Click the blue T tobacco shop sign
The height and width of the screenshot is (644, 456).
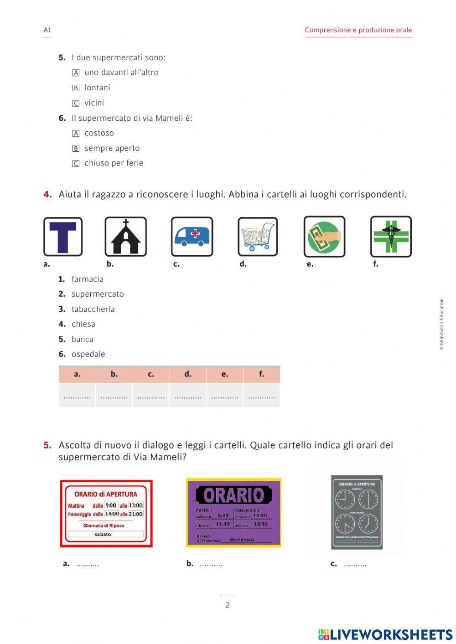point(63,237)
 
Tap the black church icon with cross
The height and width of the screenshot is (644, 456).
point(126,237)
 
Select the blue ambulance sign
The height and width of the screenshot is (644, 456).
point(192,237)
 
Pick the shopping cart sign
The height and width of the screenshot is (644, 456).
point(258,237)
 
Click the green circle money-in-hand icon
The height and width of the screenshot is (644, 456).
point(324,237)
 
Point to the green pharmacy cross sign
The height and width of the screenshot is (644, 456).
point(391,237)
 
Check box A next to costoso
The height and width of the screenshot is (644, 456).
point(76,134)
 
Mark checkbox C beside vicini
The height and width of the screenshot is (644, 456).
point(76,103)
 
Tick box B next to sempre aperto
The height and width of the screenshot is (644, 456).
point(76,149)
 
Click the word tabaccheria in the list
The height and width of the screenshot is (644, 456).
point(93,309)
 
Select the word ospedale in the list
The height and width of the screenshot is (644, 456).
point(88,354)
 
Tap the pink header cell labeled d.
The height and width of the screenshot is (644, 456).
point(188,374)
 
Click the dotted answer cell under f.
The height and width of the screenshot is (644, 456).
point(261,396)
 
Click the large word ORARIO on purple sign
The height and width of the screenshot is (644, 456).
point(233,495)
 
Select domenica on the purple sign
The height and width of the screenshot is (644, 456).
point(242,539)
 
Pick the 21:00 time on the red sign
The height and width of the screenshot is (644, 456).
point(136,514)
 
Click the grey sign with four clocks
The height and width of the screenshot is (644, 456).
point(357,512)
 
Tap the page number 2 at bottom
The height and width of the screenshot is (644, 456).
point(228,605)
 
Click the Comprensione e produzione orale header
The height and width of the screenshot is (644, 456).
point(358,30)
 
